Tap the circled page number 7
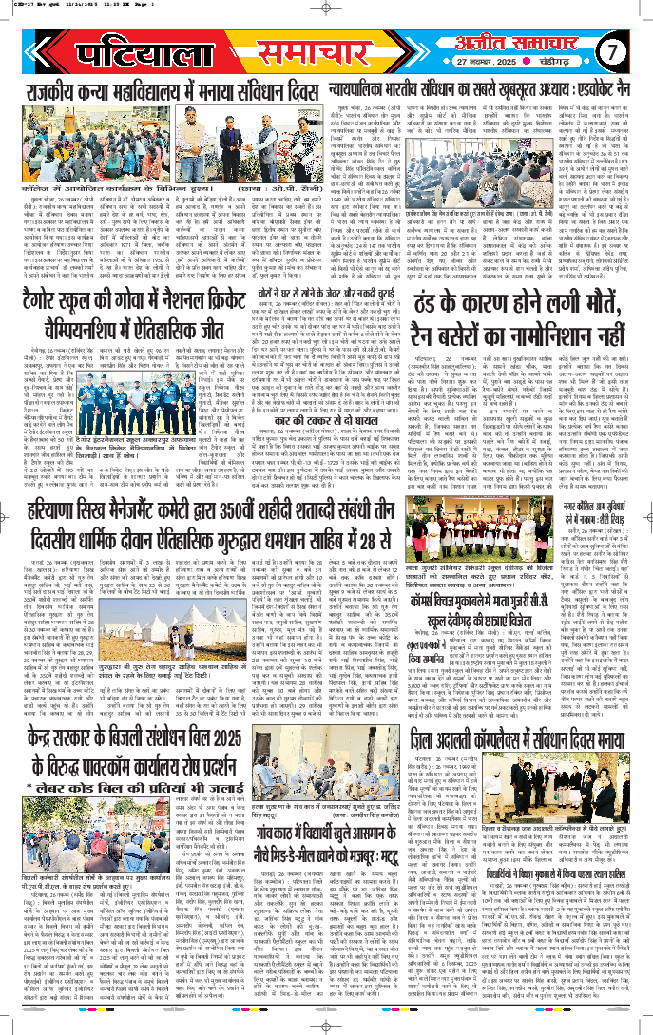pos(614,48)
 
